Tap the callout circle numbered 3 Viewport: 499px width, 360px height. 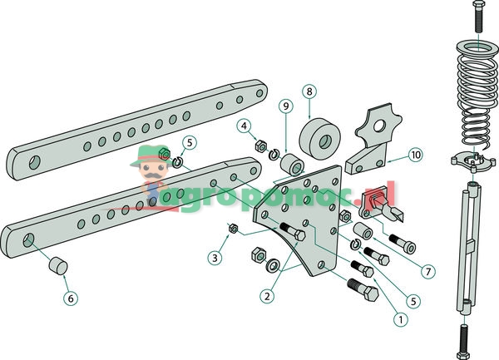click(x=215, y=259)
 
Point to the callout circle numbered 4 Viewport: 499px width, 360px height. click(x=245, y=126)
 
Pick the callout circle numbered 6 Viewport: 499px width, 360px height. click(x=71, y=296)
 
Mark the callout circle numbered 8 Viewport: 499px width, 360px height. click(x=309, y=91)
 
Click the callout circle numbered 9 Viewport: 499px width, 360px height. click(x=285, y=106)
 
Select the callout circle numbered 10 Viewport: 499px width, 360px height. click(x=415, y=155)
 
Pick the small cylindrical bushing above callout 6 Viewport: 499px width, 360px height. click(x=56, y=267)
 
